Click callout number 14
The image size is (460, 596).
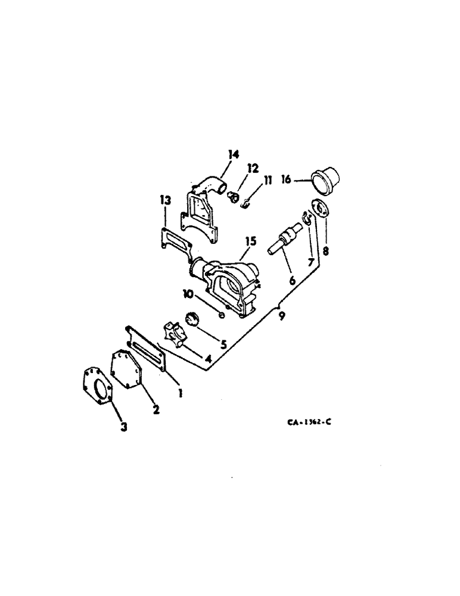(x=233, y=155)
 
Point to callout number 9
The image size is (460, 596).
(x=281, y=316)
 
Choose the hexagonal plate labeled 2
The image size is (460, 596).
(x=127, y=371)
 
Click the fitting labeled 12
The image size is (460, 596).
(x=233, y=197)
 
